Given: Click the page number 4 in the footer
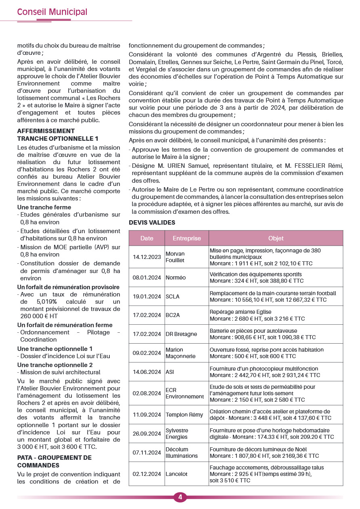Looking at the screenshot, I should click(180, 497).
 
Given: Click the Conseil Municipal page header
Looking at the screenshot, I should click(52, 12).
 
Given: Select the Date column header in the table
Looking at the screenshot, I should click(147, 238).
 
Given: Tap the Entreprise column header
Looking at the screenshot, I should click(186, 238).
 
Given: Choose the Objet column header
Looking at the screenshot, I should click(276, 238).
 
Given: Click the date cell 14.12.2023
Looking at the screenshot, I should click(147, 257).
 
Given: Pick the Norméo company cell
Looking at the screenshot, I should click(176, 277).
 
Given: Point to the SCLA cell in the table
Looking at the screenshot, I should click(173, 296).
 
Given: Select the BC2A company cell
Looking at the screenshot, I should click(173, 315).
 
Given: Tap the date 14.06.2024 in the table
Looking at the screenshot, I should click(147, 372).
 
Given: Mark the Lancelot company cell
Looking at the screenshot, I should click(176, 474).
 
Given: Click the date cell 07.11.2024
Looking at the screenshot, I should click(147, 453).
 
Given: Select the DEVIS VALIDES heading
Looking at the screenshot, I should click(152, 223).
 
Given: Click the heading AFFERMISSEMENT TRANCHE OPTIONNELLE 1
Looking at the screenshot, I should click(58, 135).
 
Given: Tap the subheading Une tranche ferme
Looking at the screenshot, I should click(44, 207).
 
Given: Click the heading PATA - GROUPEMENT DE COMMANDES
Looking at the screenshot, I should click(54, 461).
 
